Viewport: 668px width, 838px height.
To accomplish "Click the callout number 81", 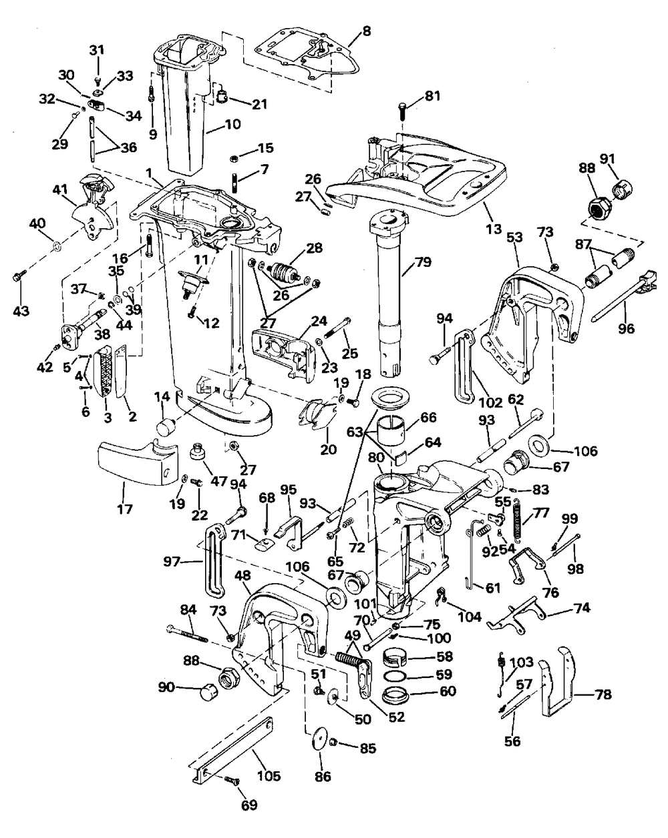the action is tap(432, 96).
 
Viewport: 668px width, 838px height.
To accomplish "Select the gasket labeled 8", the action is tap(307, 59).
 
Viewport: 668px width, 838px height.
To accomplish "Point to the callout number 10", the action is tap(232, 125).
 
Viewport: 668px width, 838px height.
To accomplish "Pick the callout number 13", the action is tap(493, 229).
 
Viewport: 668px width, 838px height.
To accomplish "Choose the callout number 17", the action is tap(125, 509).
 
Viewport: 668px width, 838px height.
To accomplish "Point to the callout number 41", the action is tap(60, 189).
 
